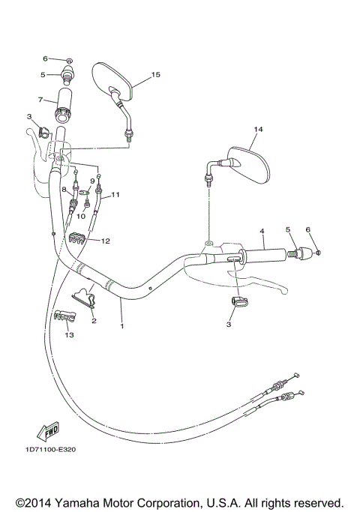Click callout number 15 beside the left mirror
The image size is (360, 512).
pyautogui.click(x=156, y=75)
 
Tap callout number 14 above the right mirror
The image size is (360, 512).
pyautogui.click(x=258, y=130)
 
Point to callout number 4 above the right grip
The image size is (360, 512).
pyautogui.click(x=262, y=230)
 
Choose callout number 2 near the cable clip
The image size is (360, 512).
pyautogui.click(x=94, y=321)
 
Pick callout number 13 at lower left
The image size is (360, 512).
pyautogui.click(x=69, y=335)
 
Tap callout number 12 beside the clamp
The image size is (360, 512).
pyautogui.click(x=106, y=241)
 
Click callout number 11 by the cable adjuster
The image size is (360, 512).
pyautogui.click(x=116, y=195)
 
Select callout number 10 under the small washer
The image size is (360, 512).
pyautogui.click(x=82, y=216)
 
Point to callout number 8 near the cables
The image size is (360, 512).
pyautogui.click(x=65, y=190)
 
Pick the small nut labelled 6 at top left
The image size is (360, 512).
pyautogui.click(x=70, y=60)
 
